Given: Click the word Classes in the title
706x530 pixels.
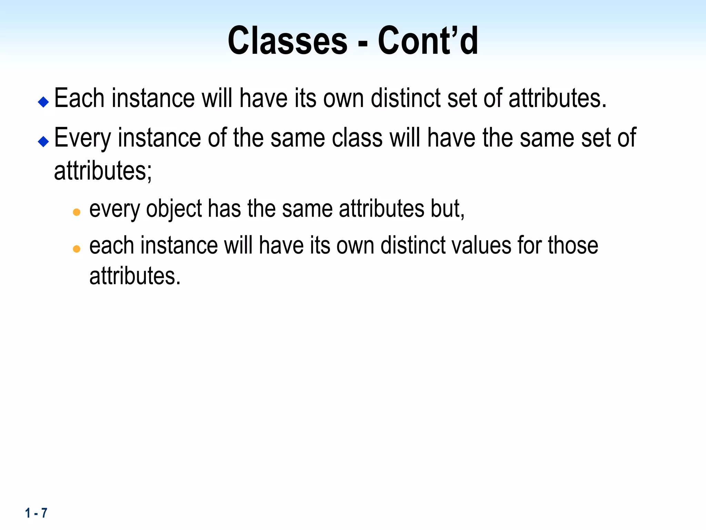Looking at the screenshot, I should coord(288,41).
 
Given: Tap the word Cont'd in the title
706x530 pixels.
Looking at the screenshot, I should coord(428,41).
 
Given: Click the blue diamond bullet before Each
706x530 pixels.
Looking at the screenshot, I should coord(43,102).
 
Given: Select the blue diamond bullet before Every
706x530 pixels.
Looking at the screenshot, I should coord(43,141).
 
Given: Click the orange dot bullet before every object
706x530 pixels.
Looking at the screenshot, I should coord(77,212).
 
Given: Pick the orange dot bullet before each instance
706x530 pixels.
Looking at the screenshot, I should coord(77,248).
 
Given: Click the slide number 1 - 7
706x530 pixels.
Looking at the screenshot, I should coord(36,513).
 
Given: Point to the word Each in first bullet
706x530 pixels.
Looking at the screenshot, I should coord(79,98).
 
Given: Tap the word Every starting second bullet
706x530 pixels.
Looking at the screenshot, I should coord(82,138).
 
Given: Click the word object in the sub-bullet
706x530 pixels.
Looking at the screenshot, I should coord(174,209).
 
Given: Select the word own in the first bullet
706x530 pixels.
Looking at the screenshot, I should coord(343,98).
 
